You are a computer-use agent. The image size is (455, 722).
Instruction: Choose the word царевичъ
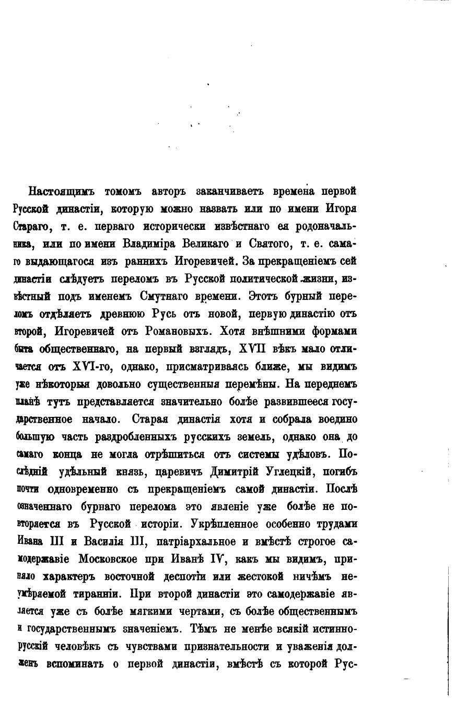pos(176,472)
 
